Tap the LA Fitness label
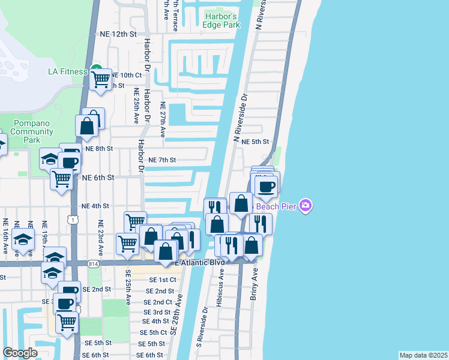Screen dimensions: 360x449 (x=67, y=72)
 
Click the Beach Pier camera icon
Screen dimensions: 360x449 (x=306, y=206)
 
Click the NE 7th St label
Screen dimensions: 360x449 (x=162, y=160)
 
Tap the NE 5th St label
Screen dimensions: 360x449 (x=255, y=142)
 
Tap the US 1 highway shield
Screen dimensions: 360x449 (x=72, y=221)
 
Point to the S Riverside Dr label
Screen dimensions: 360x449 (x=200, y=327)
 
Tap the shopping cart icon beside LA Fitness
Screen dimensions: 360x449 (x=100, y=78)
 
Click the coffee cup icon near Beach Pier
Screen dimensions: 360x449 (x=265, y=185)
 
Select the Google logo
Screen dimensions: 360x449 (x=20, y=352)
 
